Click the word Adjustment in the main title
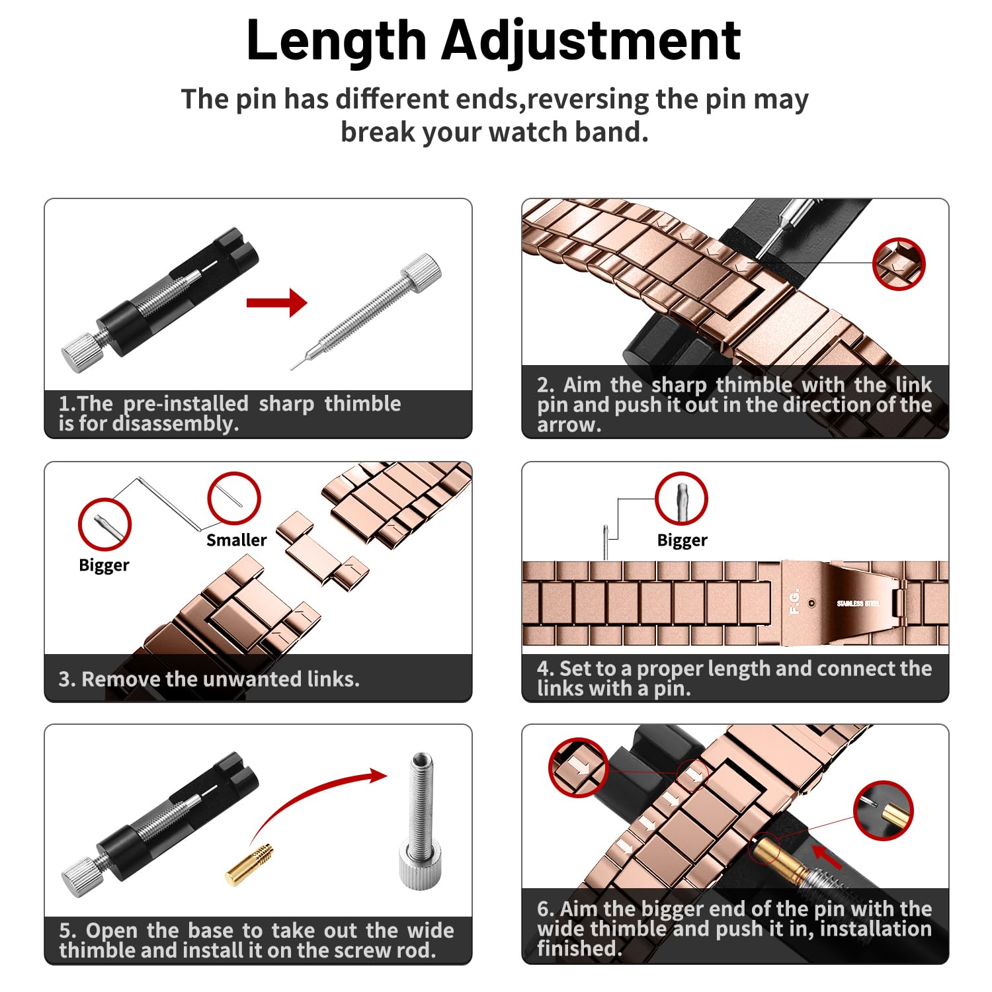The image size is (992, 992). (592, 41)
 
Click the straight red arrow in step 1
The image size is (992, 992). (277, 303)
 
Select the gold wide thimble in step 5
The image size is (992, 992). (249, 864)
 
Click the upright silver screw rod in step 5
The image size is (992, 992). (421, 820)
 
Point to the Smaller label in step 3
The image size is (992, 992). (237, 540)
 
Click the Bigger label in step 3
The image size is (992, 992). (104, 565)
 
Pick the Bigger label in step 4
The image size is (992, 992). (682, 541)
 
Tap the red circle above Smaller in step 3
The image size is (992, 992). (234, 473)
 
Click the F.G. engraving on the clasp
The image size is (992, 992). (794, 601)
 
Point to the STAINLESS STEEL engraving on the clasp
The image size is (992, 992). (858, 603)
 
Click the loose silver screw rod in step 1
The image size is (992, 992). (366, 310)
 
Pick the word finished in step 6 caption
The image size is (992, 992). (579, 948)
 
